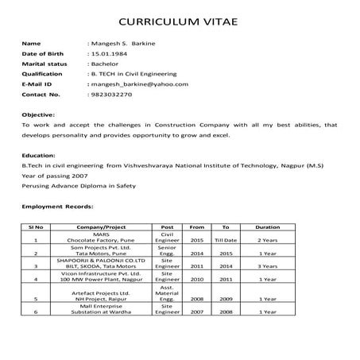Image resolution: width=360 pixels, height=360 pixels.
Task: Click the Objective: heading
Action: (39, 115)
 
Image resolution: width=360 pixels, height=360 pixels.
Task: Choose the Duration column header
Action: (268, 226)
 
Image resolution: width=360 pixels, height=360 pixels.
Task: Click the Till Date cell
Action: (226, 239)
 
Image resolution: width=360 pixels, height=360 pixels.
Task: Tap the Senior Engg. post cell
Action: (167, 251)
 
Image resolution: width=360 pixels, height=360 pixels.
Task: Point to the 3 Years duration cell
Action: (268, 266)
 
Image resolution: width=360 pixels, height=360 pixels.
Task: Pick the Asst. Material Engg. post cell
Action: (167, 293)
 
